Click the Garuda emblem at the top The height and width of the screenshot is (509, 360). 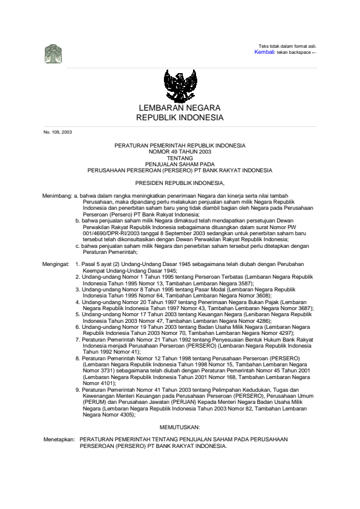[180, 86]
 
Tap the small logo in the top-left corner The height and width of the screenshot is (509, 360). [53, 54]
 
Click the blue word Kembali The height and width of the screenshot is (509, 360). [265, 53]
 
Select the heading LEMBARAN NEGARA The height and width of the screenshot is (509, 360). [180, 108]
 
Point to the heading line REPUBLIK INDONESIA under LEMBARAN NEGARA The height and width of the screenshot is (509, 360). [180, 118]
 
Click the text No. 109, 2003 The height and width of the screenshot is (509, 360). [57, 132]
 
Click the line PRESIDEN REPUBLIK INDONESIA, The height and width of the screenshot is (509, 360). [180, 182]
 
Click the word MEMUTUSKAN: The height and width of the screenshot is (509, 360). [180, 427]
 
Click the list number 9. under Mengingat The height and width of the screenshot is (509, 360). [77, 391]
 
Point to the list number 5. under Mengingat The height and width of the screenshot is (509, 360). [77, 315]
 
